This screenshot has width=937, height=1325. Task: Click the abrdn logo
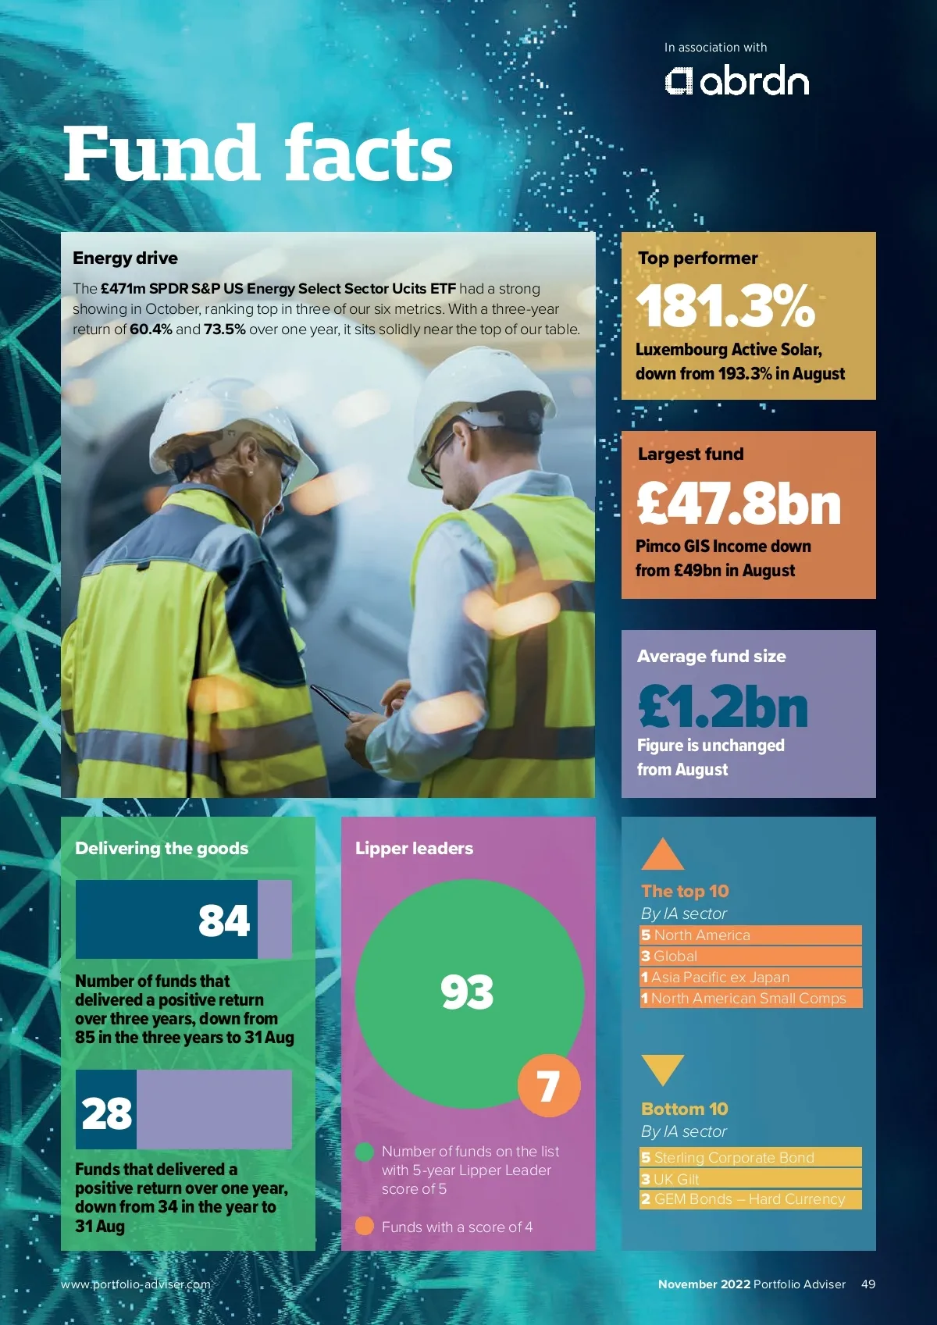736,81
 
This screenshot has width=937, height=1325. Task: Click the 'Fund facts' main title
258,154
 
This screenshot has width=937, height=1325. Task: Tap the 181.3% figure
725,305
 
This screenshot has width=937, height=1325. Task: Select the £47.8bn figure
739,504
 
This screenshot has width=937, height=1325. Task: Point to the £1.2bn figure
723,706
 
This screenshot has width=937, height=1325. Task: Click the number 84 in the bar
224,920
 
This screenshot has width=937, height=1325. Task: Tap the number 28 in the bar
107,1113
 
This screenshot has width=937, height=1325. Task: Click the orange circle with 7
549,1085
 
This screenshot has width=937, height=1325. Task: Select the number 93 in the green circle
467,992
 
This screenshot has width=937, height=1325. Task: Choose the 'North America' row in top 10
750,935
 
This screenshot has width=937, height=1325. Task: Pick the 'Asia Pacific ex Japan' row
750,978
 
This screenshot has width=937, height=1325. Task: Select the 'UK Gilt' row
750,1179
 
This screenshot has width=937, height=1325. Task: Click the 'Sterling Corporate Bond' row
750,1157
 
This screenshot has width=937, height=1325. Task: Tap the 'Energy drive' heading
125,258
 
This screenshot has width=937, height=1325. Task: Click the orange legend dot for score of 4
364,1226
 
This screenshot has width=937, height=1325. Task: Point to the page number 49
868,1284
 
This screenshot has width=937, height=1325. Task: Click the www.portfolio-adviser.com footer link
136,1284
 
